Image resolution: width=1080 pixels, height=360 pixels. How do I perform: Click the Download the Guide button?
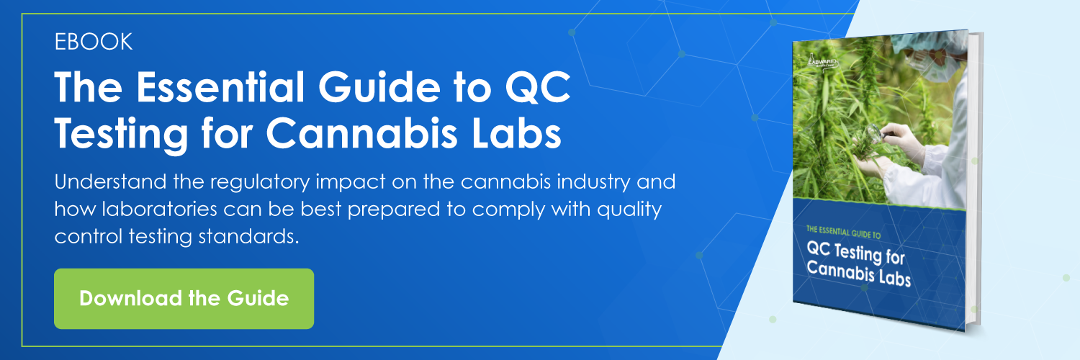(x=184, y=298)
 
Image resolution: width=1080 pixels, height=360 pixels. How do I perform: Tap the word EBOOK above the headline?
(x=94, y=42)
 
